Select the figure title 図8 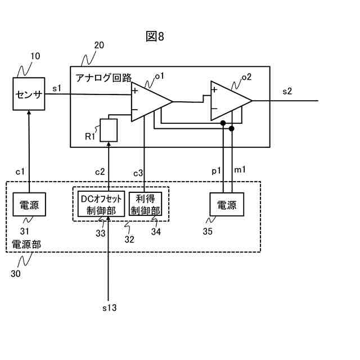pos(155,37)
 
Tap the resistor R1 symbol pos(109,130)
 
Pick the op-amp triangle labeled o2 pos(228,101)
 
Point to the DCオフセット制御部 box pos(101,205)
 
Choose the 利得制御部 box pos(146,205)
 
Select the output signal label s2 pos(287,92)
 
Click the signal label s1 pos(57,88)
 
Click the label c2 pos(100,171)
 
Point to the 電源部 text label pos(26,245)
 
